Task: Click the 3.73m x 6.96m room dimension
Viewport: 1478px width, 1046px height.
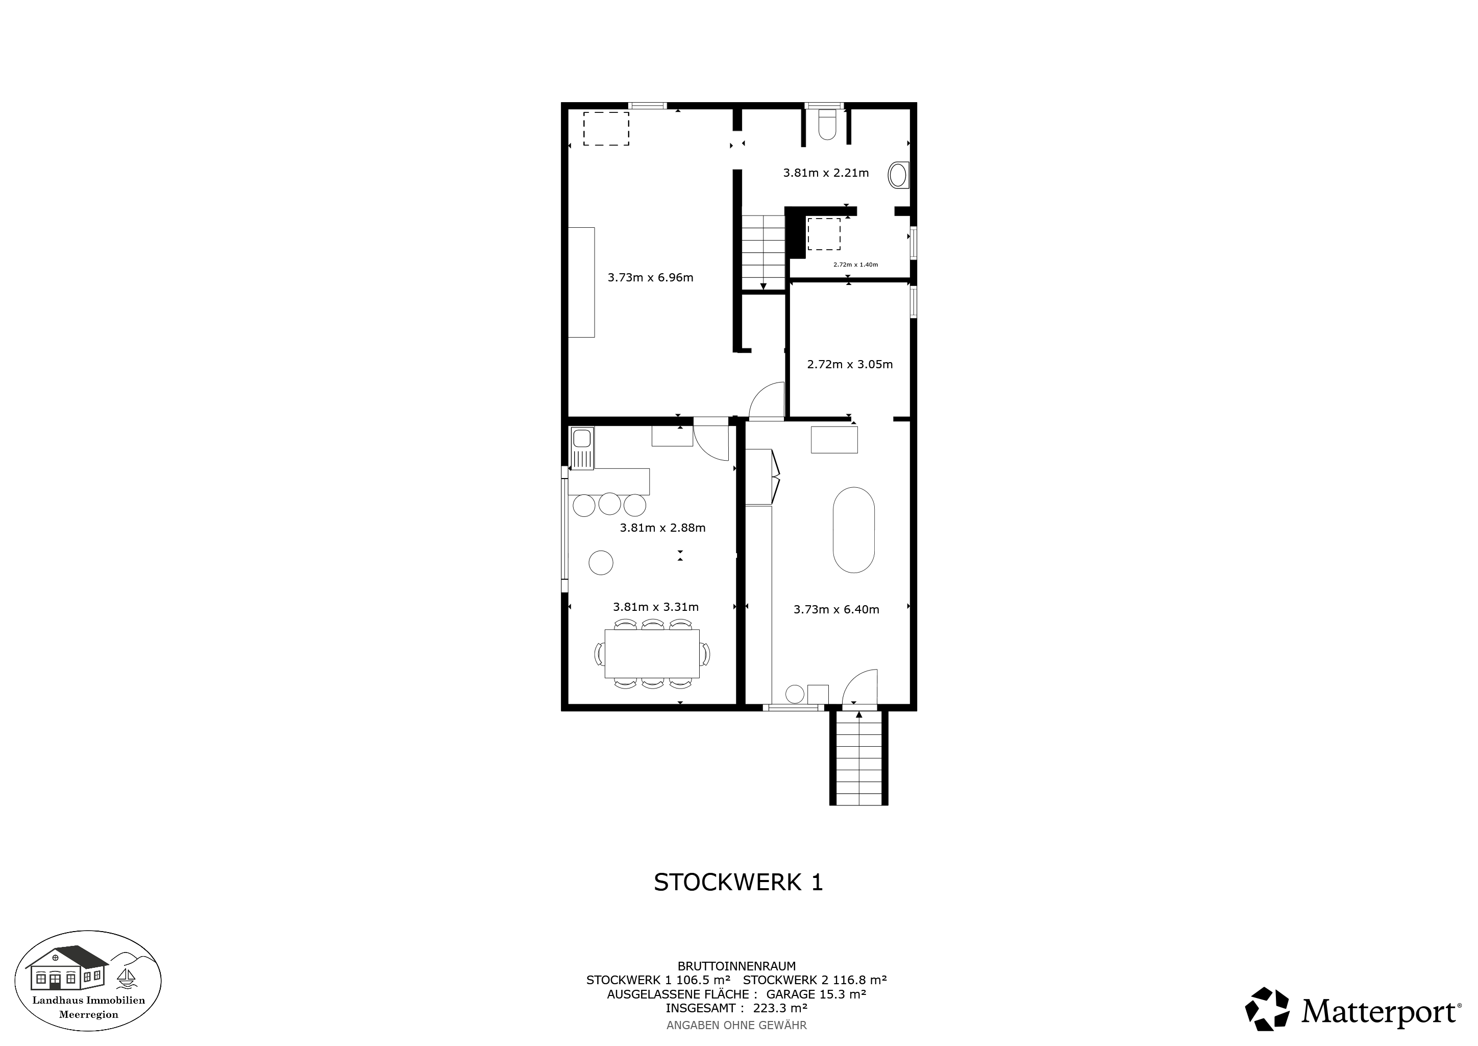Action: coord(650,278)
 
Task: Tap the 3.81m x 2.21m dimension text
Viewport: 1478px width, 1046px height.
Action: coord(826,173)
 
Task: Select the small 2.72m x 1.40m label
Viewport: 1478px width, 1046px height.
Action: coord(855,265)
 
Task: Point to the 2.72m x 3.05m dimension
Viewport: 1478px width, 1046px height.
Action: coord(850,364)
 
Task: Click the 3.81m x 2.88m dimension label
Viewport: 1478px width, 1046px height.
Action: coord(662,528)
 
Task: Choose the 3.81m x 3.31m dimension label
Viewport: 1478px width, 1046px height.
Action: coord(655,607)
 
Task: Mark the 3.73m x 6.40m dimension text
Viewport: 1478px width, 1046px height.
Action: coord(836,609)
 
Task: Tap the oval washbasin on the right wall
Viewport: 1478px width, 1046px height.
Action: coord(898,175)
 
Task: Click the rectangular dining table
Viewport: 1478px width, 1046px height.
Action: coord(652,654)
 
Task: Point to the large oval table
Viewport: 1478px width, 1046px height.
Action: coord(854,530)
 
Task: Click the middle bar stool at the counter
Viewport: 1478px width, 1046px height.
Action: coord(609,504)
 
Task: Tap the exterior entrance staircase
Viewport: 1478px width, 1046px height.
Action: coord(859,758)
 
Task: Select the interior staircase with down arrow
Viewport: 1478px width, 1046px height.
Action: coord(763,252)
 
